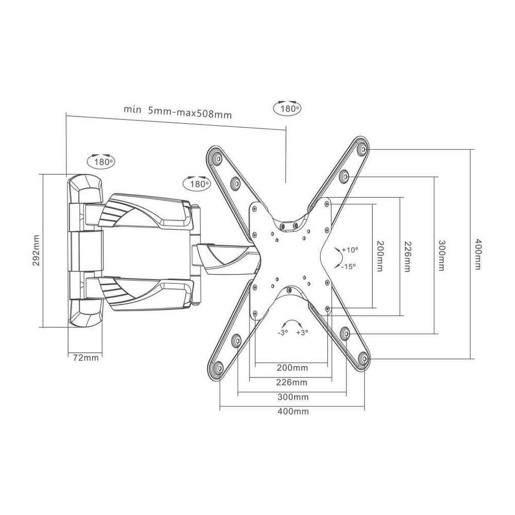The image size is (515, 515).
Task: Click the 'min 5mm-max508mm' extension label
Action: coord(178,111)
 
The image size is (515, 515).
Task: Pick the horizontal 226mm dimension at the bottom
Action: coord(291,382)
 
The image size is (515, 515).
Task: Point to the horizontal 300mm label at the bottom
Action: coord(293,397)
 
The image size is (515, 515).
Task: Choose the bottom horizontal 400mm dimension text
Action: coord(293,411)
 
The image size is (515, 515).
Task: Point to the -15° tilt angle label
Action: coord(349,266)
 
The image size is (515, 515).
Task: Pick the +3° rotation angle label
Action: coord(302,333)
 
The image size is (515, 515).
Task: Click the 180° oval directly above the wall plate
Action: coord(101,162)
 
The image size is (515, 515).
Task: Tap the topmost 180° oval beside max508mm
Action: coord(286,109)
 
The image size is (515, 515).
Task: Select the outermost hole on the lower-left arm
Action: coord(217,368)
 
